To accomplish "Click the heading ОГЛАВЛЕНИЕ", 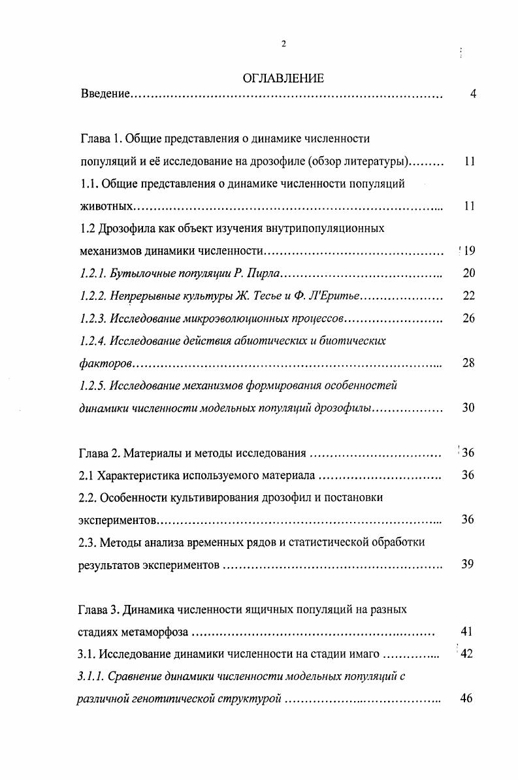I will (x=283, y=79).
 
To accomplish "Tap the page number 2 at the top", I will (x=283, y=44).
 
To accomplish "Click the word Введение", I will (x=105, y=95).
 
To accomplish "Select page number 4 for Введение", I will (x=472, y=95).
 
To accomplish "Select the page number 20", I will (x=468, y=273).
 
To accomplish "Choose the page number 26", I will (x=468, y=318).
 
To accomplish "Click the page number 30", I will (x=468, y=408).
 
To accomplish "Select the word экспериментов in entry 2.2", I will (x=119, y=521).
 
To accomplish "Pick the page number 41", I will (x=466, y=632).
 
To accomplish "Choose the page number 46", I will (x=466, y=699).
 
